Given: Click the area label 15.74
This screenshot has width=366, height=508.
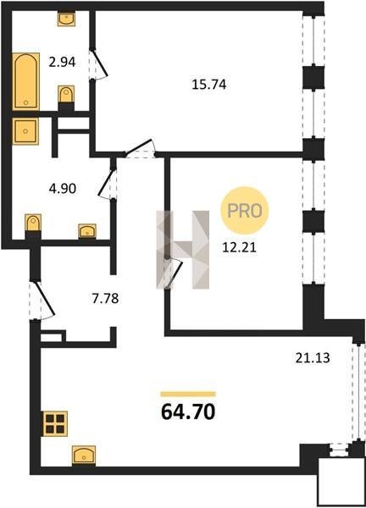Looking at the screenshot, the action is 208,84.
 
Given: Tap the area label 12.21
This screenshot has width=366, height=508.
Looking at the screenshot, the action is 239,247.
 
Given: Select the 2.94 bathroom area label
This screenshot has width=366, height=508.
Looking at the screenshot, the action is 62,62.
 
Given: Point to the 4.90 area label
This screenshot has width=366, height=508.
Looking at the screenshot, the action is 63,188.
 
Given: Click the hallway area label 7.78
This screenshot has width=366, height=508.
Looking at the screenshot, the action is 105,298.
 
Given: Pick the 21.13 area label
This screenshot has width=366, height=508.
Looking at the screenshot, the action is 313,358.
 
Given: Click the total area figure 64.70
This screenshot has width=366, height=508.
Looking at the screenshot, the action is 188,411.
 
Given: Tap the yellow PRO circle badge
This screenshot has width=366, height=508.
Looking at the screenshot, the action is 245,211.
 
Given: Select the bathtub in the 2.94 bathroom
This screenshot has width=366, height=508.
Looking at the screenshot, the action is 26,81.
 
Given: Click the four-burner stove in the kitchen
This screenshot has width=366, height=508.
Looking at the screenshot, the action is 54,423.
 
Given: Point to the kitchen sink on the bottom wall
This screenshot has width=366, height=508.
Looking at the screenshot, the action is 84,456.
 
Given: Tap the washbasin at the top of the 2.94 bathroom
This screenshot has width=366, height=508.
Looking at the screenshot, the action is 66,19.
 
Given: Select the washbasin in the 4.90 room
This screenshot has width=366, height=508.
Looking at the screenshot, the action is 87,231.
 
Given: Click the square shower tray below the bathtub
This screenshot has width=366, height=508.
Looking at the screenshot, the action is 25,131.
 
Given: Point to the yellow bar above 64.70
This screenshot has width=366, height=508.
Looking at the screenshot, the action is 188,394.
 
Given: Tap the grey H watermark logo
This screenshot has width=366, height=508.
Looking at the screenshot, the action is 183,250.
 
